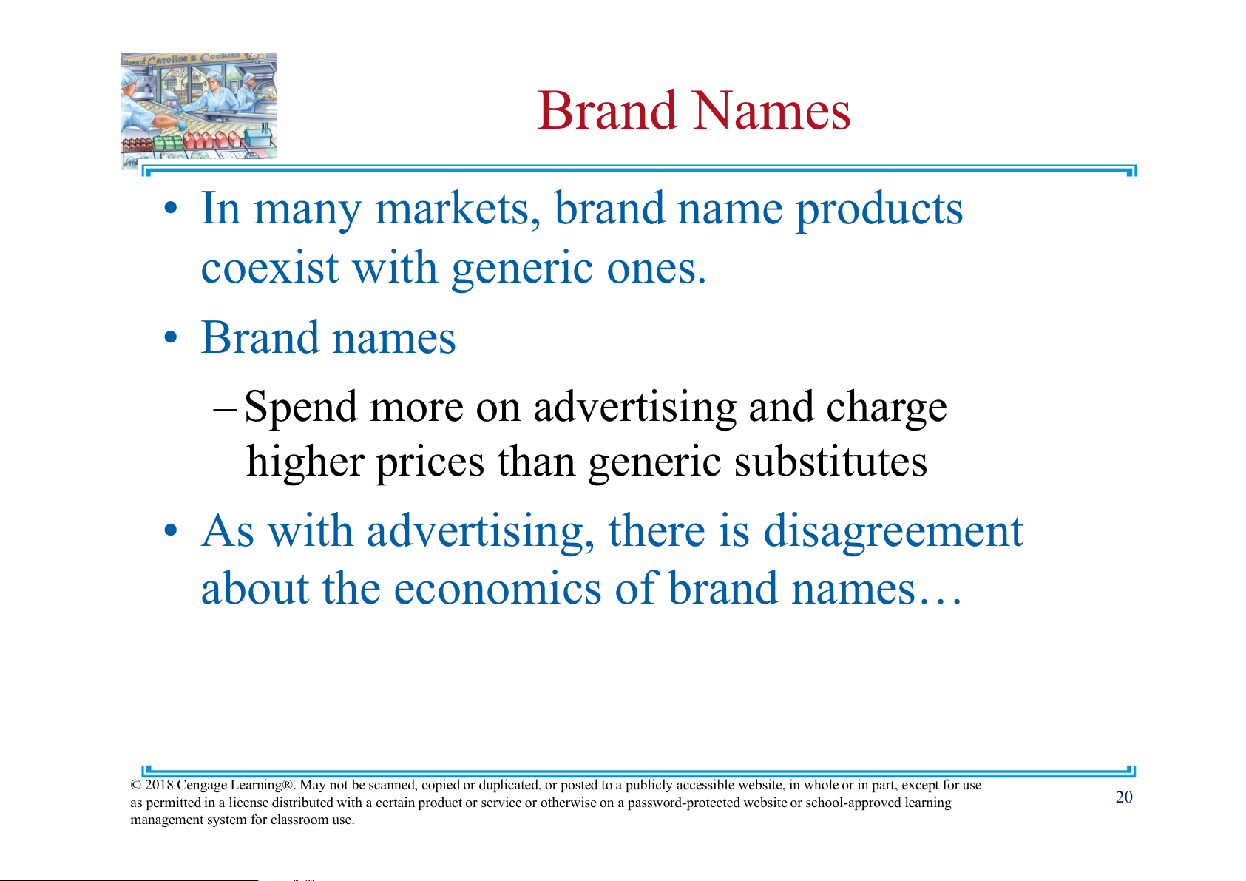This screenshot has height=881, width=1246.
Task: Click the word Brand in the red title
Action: coord(607,110)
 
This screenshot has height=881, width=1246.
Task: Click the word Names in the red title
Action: coord(773,110)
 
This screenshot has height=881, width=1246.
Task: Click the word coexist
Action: coord(270,267)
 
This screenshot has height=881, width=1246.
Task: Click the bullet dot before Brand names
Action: coord(171,337)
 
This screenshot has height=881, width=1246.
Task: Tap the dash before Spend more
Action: coord(226,409)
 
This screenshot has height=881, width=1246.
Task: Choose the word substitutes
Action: coord(830,462)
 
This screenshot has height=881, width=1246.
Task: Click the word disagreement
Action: coord(893,533)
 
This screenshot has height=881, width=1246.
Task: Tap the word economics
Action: coord(498,589)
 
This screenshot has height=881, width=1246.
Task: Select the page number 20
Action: coord(1124,797)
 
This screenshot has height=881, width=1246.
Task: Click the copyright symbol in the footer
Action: coord(135,786)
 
